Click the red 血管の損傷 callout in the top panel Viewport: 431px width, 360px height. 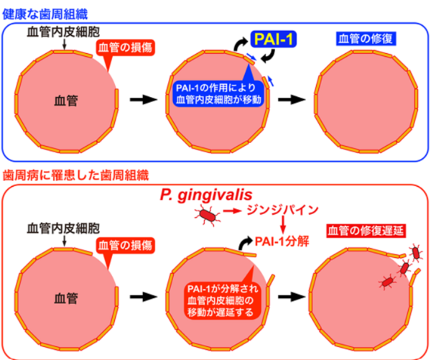click(x=124, y=48)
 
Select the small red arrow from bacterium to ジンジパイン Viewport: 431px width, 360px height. click(x=233, y=212)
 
